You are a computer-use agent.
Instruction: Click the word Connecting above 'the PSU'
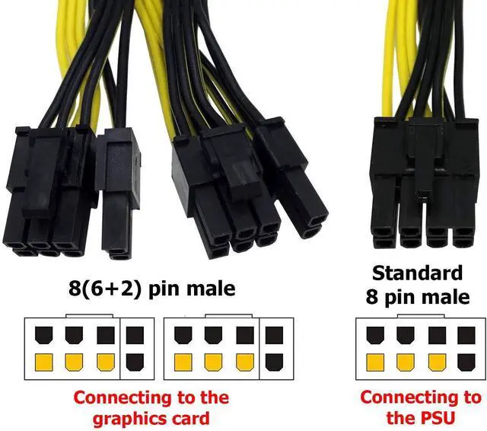(x=420, y=397)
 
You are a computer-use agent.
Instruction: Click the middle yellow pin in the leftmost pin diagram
(x=74, y=362)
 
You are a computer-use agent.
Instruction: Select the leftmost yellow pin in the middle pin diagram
(x=183, y=362)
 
